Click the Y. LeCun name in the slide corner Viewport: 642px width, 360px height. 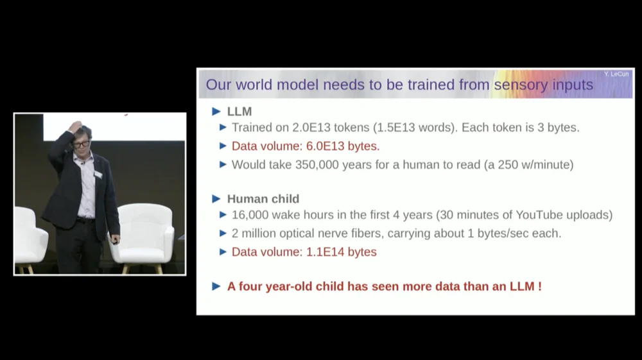point(616,74)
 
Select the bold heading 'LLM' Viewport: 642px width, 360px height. point(239,111)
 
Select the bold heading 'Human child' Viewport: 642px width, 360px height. point(263,199)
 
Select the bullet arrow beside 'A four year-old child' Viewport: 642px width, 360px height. point(216,286)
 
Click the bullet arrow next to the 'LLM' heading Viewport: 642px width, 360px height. point(216,111)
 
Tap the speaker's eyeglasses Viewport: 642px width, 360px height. point(82,144)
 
